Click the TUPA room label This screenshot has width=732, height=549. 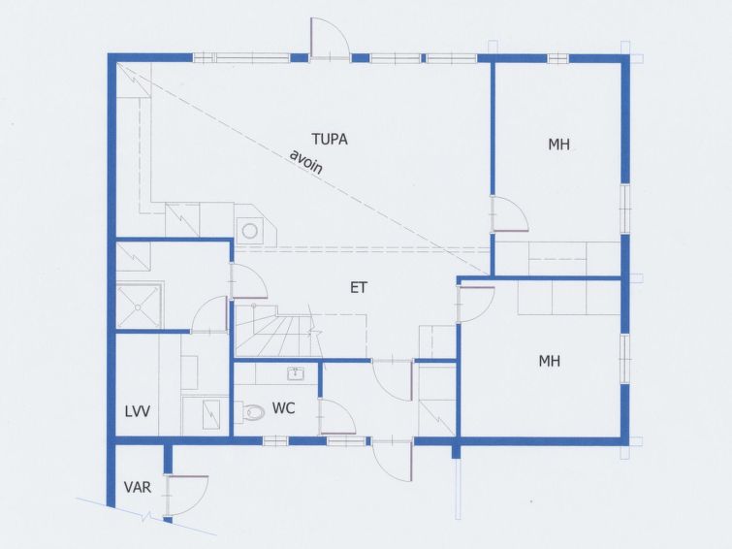(x=330, y=140)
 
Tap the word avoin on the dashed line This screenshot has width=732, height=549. (x=306, y=162)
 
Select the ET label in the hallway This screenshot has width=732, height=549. (x=359, y=287)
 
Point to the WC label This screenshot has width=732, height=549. (x=283, y=408)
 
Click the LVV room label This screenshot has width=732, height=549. (x=138, y=411)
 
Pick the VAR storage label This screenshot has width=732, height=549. (x=138, y=487)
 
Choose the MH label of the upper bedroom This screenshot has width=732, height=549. (x=558, y=145)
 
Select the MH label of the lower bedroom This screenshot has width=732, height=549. (x=550, y=361)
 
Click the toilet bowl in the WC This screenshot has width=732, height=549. (x=253, y=411)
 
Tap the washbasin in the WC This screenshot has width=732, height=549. (x=296, y=373)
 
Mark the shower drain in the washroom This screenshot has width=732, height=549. (x=139, y=307)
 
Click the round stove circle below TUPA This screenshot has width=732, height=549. (x=250, y=231)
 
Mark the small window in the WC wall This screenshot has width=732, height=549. (x=275, y=440)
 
